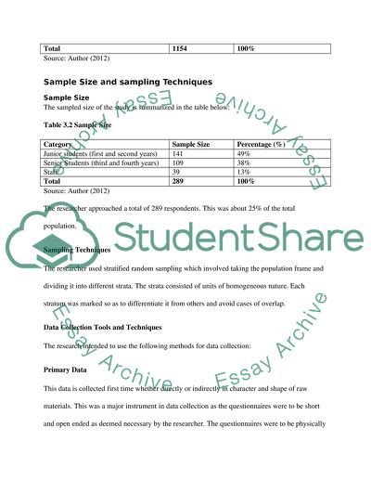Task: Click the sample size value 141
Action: coord(180,155)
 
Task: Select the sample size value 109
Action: coord(180,165)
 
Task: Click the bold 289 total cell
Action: coord(180,185)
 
